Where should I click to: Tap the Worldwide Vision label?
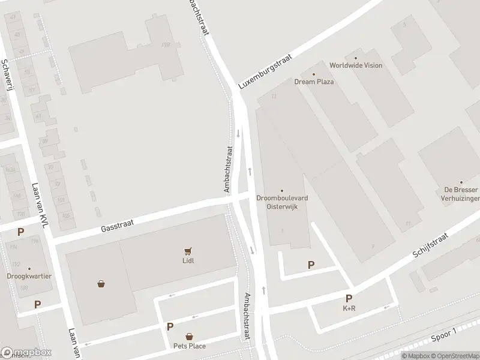(355, 65)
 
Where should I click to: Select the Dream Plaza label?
(314, 82)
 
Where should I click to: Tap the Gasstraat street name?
(116, 225)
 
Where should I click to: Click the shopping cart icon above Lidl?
(188, 251)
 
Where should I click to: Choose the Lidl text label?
(188, 260)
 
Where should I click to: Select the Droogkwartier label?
(29, 277)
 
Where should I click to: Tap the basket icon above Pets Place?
(189, 336)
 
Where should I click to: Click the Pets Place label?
(189, 346)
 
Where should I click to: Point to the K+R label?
(349, 308)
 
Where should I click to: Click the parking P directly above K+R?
(349, 298)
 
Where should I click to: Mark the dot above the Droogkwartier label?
(29, 268)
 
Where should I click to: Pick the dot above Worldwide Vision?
(355, 57)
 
